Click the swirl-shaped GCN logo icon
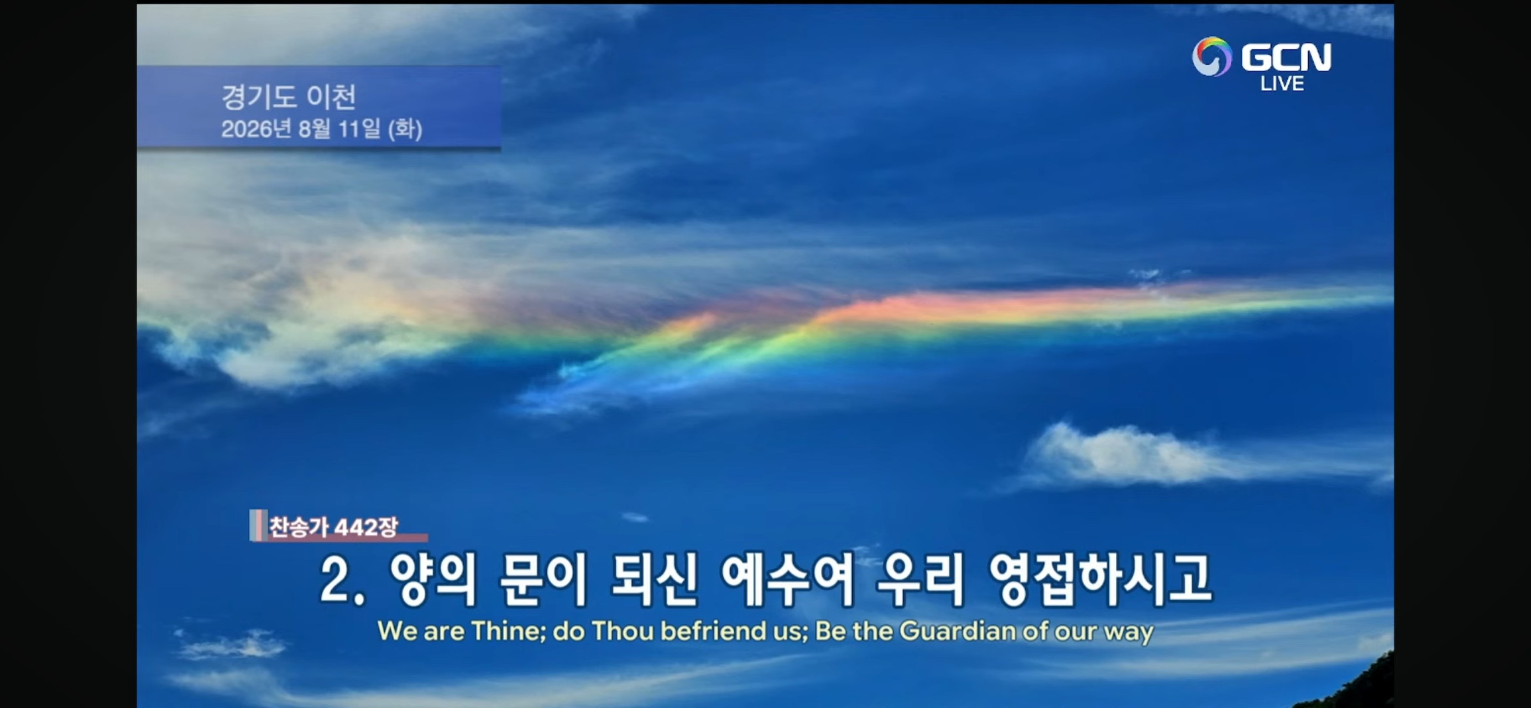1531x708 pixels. pyautogui.click(x=1212, y=56)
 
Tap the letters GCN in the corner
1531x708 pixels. pyautogui.click(x=1286, y=57)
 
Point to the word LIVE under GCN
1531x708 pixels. pyautogui.click(x=1282, y=84)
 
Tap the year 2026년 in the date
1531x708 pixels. pyautogui.click(x=254, y=129)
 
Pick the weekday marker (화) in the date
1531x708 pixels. pyautogui.click(x=405, y=129)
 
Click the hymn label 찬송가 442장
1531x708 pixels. pyautogui.click(x=333, y=527)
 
